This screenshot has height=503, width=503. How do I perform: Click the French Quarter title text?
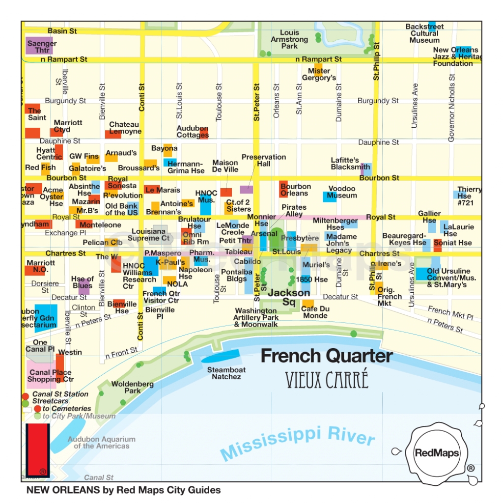coord(327,356)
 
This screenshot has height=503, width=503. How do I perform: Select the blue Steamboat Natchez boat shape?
coord(221,356)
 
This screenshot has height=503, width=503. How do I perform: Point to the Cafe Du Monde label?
coord(314,312)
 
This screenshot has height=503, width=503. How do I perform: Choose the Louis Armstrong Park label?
coord(289,39)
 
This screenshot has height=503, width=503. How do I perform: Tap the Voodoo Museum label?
coord(342,192)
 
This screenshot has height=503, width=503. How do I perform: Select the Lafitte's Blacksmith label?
coord(350,164)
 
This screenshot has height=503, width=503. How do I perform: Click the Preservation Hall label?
coord(263,160)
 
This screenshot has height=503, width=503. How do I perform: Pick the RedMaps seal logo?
coord(437,453)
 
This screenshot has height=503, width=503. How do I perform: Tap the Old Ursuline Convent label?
coord(448,278)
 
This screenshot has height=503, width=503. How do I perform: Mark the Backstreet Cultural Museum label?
coord(424,33)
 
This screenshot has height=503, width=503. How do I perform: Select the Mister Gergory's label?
coord(319,74)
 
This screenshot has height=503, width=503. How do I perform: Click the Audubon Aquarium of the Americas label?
coord(101,443)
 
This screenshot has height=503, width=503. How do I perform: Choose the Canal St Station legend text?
coord(60,394)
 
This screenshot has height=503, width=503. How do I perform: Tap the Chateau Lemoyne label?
coord(125,128)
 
